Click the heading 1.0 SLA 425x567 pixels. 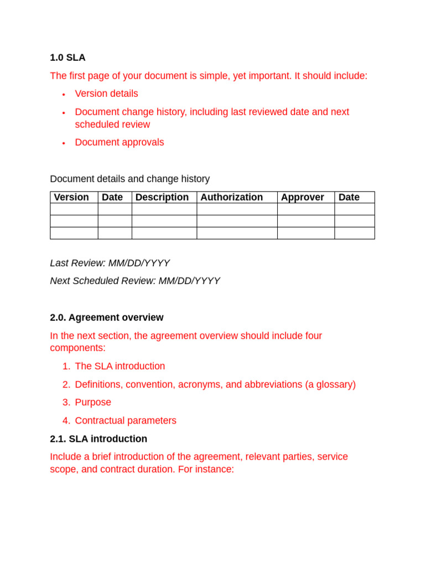click(68, 58)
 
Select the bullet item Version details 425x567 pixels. click(106, 94)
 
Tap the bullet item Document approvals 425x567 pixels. click(119, 142)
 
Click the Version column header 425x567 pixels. click(71, 197)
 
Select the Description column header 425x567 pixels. click(162, 197)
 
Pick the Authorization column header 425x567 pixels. click(231, 197)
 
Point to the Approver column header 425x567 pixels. click(302, 197)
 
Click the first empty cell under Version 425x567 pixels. click(74, 209)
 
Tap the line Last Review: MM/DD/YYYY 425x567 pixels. click(110, 263)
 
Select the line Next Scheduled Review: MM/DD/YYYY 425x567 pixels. click(134, 281)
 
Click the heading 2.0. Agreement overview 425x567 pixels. click(106, 317)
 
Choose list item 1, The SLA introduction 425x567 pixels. click(120, 366)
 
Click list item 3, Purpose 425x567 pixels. click(93, 402)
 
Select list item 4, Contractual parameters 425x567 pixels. click(126, 420)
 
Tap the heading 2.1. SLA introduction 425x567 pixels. click(99, 439)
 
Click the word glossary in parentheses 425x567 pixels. click(333, 384)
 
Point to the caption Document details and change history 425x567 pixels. click(129, 179)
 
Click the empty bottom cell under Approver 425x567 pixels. click(305, 233)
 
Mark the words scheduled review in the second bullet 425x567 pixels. click(112, 125)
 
